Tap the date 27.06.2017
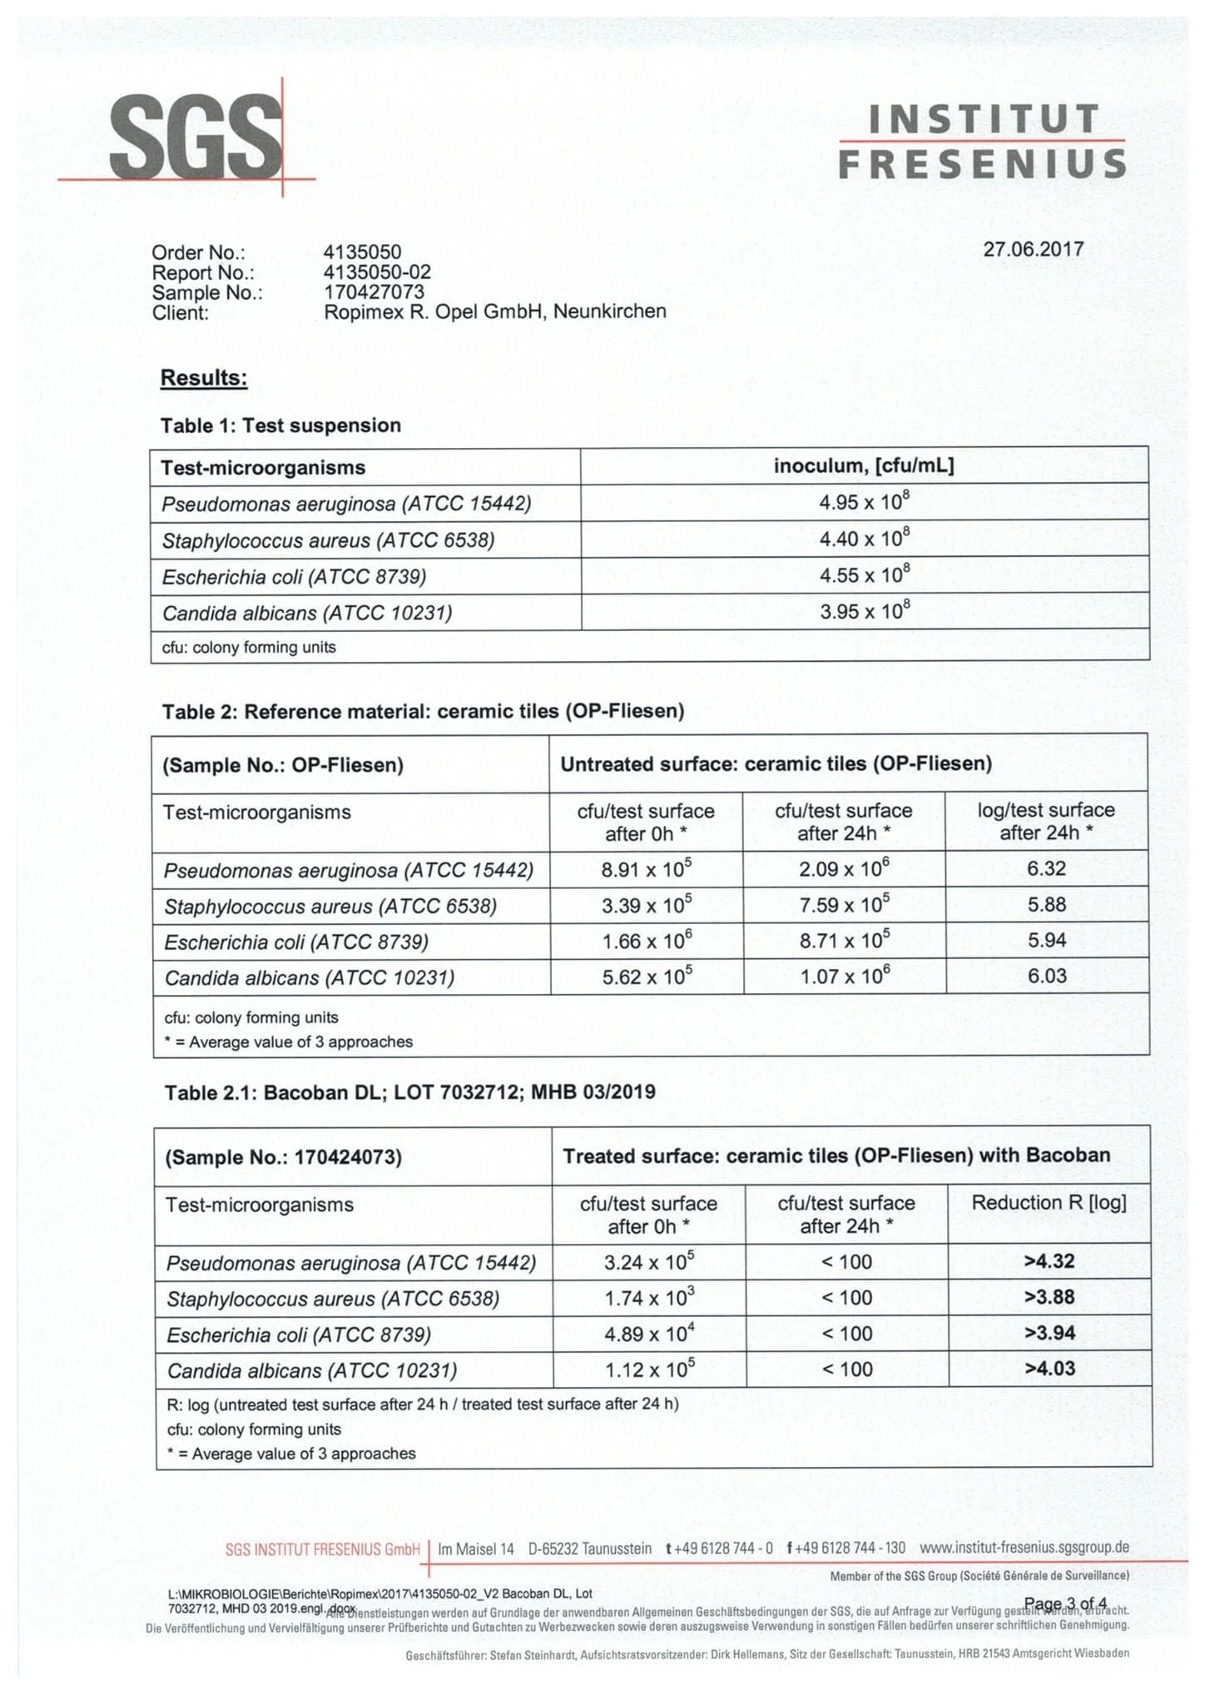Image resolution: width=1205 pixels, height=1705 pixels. coord(1033,249)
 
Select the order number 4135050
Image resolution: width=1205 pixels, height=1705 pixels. coord(362,252)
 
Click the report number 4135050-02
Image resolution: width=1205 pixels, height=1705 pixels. coord(377,272)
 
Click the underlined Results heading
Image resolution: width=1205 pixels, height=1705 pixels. coord(204,378)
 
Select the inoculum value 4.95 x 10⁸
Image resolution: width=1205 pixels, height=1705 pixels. coord(864,503)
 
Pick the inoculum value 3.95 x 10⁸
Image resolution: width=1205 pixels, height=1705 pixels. coord(864,612)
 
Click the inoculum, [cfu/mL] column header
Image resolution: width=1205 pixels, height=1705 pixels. coord(864,466)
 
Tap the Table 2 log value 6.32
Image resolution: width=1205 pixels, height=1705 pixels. coord(1046,869)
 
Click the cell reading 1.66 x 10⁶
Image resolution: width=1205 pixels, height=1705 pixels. coord(647,942)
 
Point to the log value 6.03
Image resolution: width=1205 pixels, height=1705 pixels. coord(1046,977)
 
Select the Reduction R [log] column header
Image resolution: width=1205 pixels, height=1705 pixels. coord(1049,1203)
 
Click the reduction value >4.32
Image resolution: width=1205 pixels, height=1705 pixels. coord(1049,1261)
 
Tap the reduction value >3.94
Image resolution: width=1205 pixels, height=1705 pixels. coord(1049,1333)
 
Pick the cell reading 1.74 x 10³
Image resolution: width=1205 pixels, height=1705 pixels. coord(648,1298)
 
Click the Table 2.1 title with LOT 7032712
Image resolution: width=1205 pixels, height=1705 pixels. coord(409,1092)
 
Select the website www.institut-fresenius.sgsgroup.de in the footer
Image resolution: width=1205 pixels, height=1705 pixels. coord(1024,1548)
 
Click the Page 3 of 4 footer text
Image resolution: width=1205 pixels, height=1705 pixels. coord(1065,1603)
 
